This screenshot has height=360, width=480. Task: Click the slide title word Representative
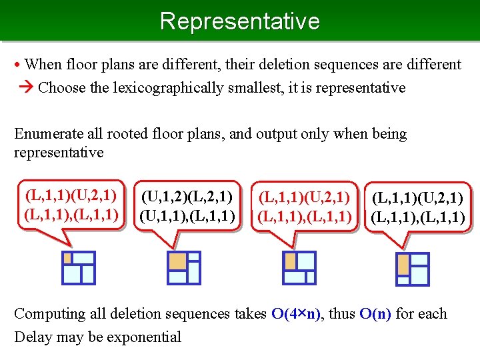click(x=240, y=21)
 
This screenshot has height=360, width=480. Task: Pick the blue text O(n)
click(x=375, y=314)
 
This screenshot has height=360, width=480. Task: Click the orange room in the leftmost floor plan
click(x=68, y=258)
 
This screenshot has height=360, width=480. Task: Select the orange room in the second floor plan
click(x=177, y=261)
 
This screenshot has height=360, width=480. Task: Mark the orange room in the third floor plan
click(x=290, y=261)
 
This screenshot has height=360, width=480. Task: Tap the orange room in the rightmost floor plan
click(x=403, y=265)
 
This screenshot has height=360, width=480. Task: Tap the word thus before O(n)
click(x=345, y=314)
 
